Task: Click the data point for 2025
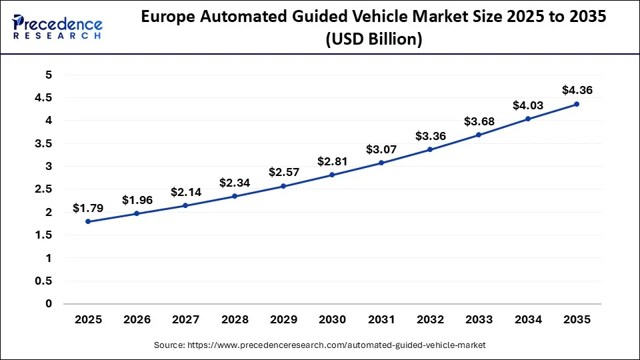(88, 221)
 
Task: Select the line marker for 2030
(332, 175)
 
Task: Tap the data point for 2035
(577, 104)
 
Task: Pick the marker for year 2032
(430, 149)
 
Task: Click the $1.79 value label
(88, 208)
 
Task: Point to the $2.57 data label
(283, 173)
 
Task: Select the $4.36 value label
(577, 90)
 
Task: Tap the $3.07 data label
(381, 149)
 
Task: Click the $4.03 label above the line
(527, 105)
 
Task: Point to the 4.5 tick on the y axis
(43, 98)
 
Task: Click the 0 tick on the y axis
(48, 304)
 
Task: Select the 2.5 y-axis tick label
(43, 189)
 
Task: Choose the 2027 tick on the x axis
(185, 320)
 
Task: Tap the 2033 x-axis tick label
(479, 320)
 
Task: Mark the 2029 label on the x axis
(283, 320)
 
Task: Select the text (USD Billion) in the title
(373, 40)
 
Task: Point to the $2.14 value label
(185, 192)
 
